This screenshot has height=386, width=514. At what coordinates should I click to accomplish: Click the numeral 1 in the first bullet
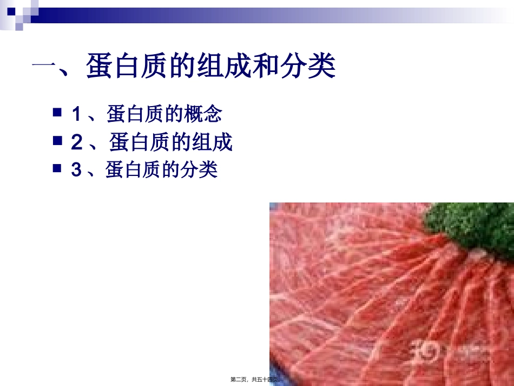click(76, 114)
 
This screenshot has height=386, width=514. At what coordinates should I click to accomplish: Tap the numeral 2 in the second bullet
click(77, 142)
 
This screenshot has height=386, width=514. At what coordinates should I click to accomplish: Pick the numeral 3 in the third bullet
click(76, 171)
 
